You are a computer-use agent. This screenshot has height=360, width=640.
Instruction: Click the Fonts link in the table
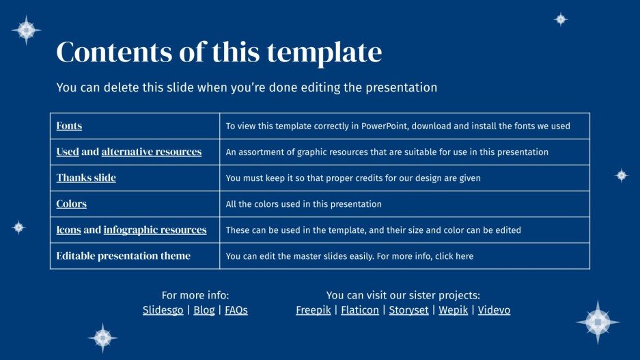69,126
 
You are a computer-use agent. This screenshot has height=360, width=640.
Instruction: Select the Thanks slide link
86,178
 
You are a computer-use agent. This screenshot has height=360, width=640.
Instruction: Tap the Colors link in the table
72,204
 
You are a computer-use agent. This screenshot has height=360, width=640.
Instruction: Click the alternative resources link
151,152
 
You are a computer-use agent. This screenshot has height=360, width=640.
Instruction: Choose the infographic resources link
155,230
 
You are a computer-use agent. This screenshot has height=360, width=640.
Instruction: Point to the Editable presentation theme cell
124,255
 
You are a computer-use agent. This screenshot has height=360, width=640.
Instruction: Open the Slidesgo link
163,310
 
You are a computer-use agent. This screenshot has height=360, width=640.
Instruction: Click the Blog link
204,310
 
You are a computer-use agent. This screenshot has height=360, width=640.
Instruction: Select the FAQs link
236,310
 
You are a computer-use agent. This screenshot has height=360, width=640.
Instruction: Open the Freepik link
312,310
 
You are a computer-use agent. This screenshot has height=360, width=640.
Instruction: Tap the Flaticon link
360,310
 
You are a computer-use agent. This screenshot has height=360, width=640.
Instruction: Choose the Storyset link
408,310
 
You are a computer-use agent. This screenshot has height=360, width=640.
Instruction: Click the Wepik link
453,310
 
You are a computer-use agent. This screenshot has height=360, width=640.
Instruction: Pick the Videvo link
494,310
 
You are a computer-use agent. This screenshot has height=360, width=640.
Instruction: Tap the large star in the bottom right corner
598,322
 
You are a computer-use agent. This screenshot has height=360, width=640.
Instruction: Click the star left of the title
27,30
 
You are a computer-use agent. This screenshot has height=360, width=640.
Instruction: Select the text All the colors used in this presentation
303,204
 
